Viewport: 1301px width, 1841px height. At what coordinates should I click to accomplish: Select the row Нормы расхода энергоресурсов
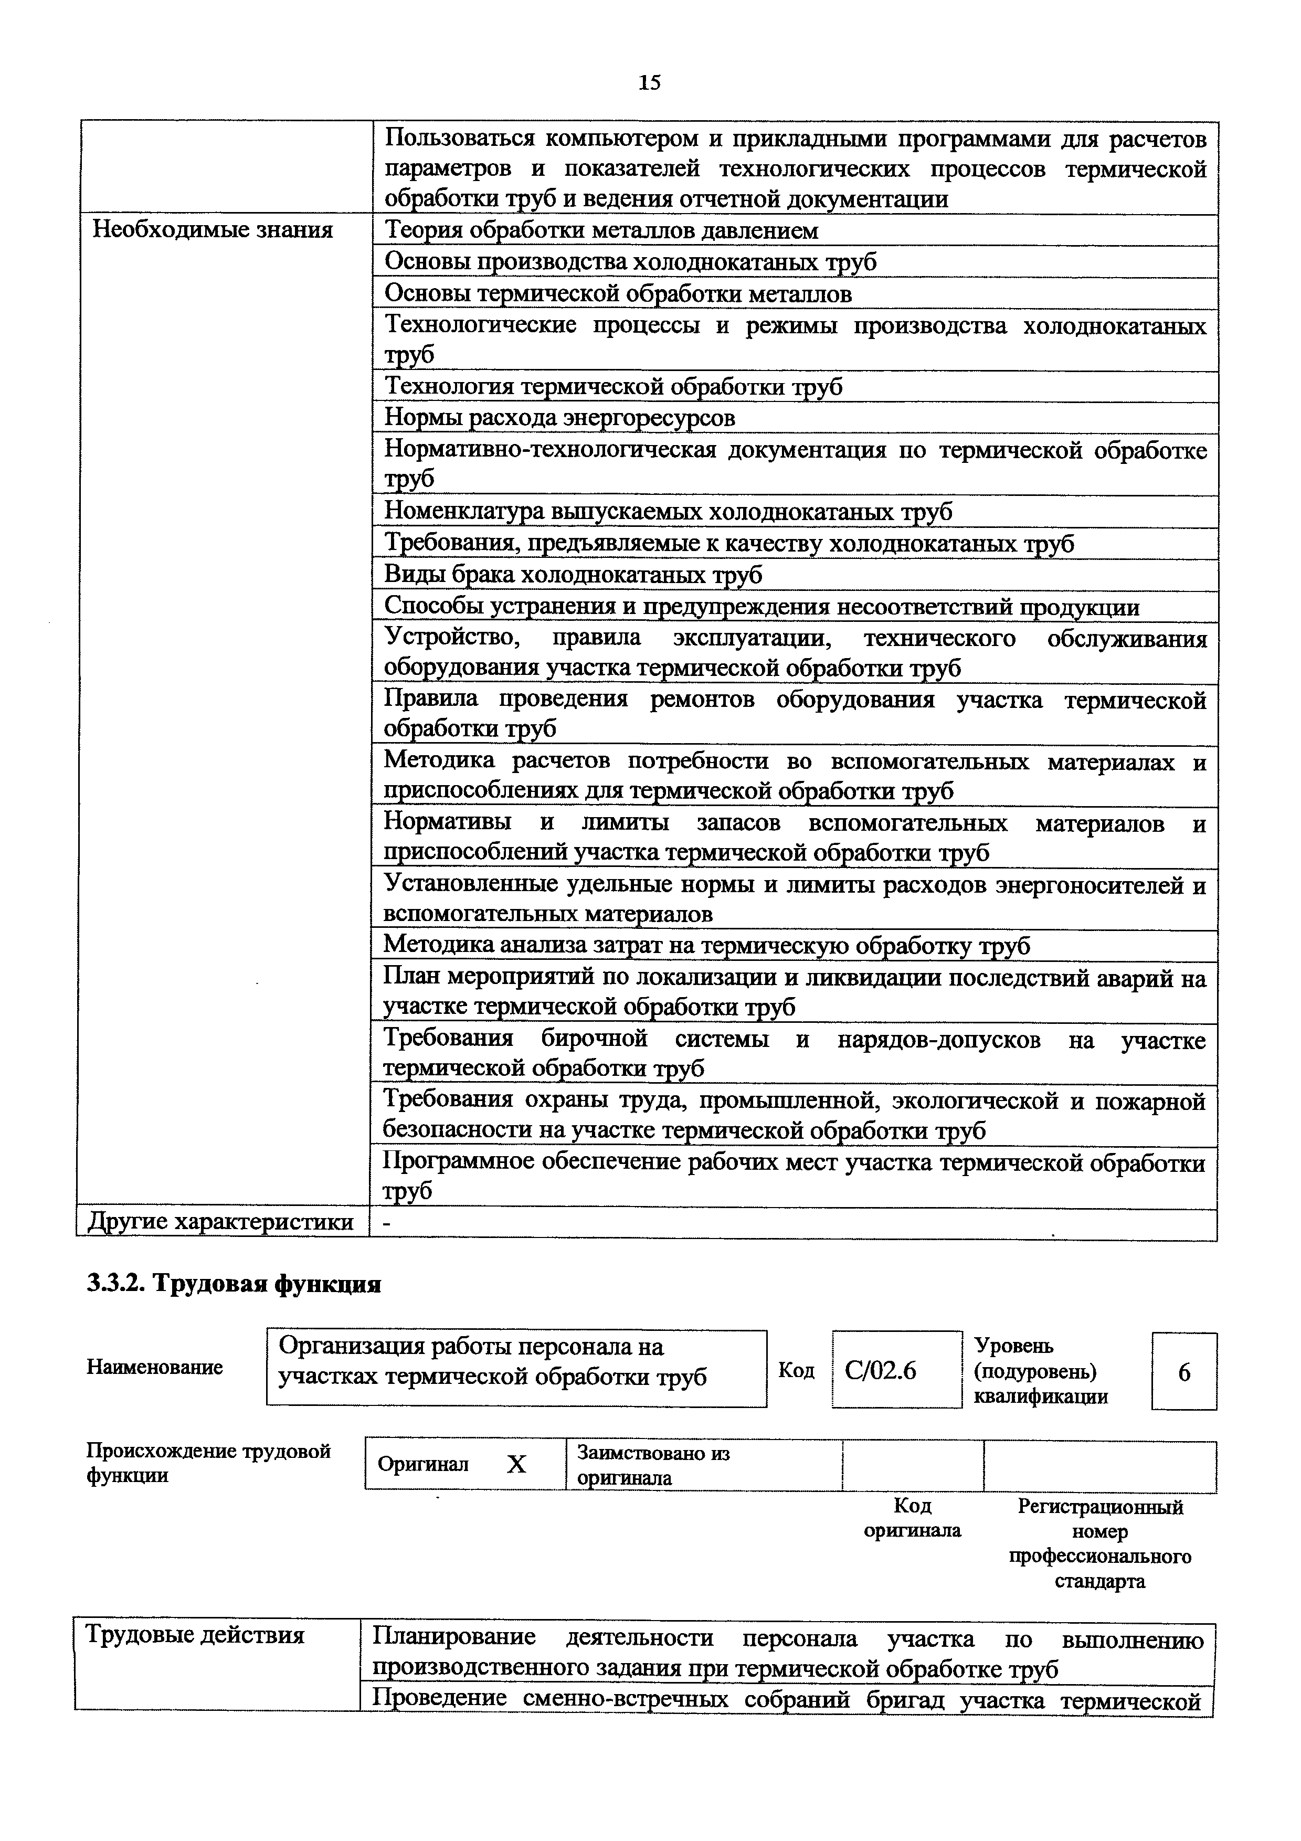(559, 418)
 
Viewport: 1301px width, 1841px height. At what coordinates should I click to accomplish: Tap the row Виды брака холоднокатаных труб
(573, 575)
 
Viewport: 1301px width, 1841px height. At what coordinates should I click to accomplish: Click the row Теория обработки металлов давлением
(601, 231)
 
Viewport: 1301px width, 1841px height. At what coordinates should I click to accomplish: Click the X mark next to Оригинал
(517, 1465)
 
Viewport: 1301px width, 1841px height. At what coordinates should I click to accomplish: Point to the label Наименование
(155, 1367)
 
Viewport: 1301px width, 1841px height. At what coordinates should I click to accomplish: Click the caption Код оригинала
(912, 1518)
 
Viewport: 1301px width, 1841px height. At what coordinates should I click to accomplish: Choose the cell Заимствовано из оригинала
(653, 1465)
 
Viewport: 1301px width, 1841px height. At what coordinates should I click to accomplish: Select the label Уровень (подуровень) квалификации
(1041, 1371)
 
